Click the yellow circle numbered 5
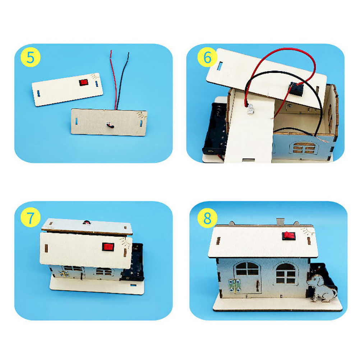click(31, 57)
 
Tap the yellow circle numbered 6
click(207, 57)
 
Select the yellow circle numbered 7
click(31, 217)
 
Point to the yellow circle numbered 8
click(207, 218)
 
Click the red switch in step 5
click(84, 82)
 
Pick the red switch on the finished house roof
click(289, 236)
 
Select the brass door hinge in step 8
click(235, 286)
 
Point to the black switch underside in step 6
click(296, 89)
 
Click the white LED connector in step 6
click(250, 109)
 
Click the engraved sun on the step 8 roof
click(307, 231)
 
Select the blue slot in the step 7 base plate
click(133, 285)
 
